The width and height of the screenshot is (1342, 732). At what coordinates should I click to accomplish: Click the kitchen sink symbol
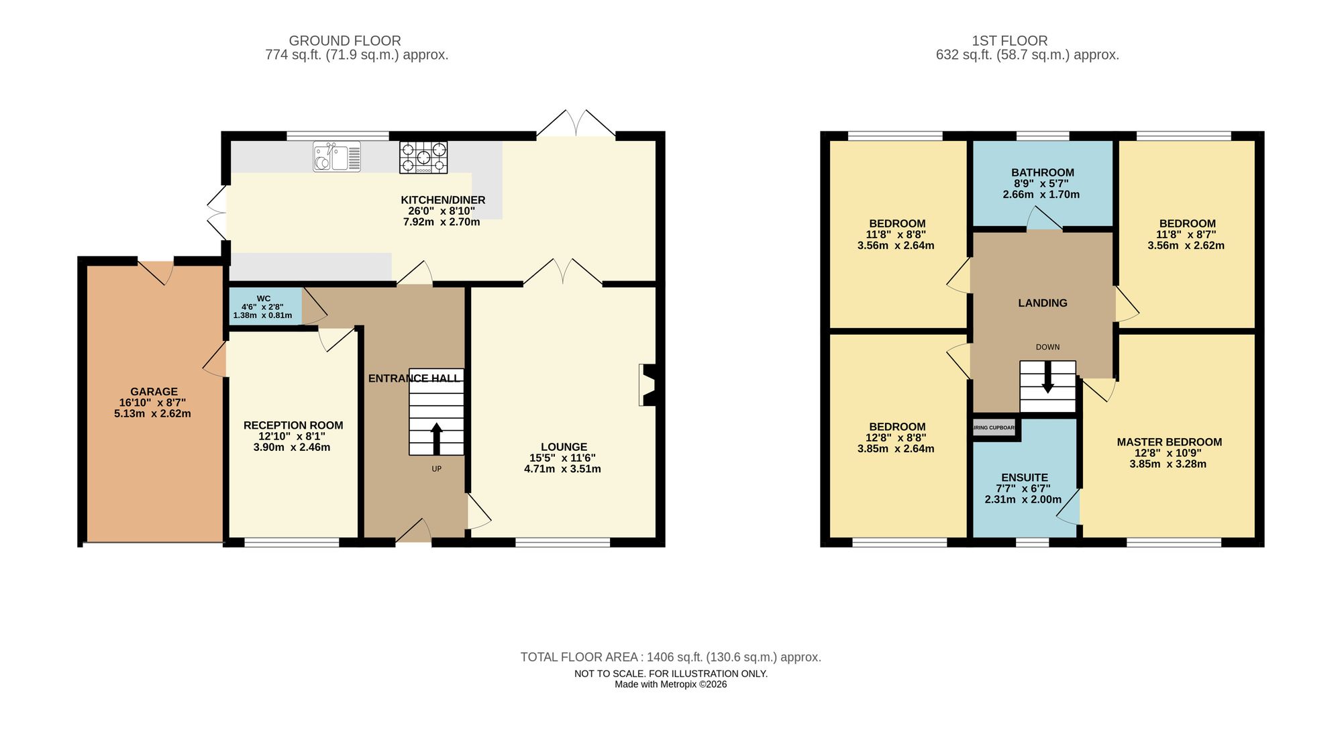(337, 157)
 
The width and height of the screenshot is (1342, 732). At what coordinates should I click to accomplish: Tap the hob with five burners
(423, 158)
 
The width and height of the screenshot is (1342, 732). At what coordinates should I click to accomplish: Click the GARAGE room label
(154, 392)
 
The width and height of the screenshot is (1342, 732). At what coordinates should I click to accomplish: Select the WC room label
(264, 299)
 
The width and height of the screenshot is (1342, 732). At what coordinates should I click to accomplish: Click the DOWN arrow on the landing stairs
(1047, 379)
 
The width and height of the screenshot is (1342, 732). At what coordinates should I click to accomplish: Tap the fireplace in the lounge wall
(648, 385)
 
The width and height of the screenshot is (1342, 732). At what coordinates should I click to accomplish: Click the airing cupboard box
(994, 427)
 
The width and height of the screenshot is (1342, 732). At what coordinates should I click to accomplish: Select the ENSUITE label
(1024, 478)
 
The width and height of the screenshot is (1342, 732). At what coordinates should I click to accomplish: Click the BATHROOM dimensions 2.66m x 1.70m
(1041, 195)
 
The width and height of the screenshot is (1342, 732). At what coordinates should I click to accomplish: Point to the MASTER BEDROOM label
(1169, 442)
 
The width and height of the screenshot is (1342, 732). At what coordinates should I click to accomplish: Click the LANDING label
(1042, 303)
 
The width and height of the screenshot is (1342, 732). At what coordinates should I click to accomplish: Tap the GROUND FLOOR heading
(345, 41)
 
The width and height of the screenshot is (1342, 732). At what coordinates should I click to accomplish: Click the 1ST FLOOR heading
(1009, 41)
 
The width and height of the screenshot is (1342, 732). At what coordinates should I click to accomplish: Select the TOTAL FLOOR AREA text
(670, 658)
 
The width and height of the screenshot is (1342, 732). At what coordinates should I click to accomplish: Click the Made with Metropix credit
(670, 684)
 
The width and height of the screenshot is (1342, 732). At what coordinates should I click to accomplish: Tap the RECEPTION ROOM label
(293, 425)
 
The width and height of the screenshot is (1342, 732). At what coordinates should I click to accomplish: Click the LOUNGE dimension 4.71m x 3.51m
(562, 469)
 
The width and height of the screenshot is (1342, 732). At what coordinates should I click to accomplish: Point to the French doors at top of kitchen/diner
(576, 125)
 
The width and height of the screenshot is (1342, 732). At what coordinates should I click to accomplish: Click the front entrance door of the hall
(414, 531)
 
